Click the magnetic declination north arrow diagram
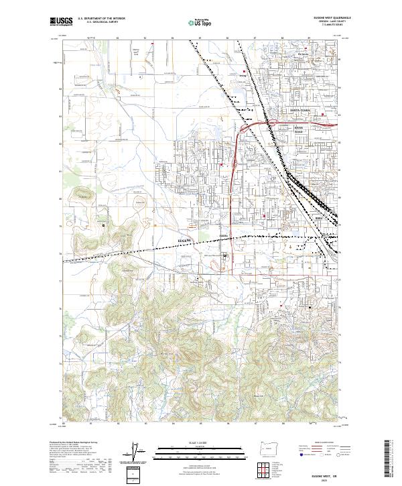click(x=138, y=453)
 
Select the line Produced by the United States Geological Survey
click(x=72, y=443)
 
